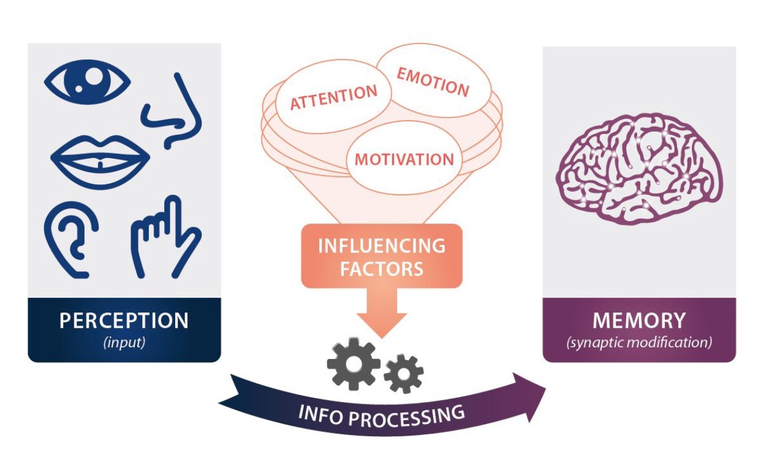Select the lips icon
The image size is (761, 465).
pos(99,158)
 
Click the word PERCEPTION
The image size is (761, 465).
pos(124,320)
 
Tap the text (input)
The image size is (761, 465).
pos(124,342)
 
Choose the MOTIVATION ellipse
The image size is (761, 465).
pos(404,160)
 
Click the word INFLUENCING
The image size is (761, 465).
pos(381,246)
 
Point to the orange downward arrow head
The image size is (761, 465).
pos(382,323)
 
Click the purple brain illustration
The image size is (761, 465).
pos(638,165)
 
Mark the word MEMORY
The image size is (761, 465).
pos(639,320)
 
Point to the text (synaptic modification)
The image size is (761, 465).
pos(639,342)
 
